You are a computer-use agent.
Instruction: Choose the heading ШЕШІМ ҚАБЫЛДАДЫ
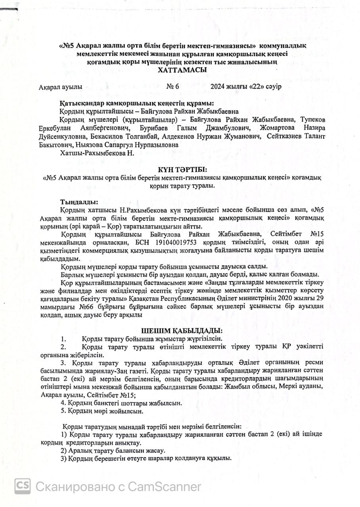click(x=182, y=331)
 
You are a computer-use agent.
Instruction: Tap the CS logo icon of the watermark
click(x=23, y=486)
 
